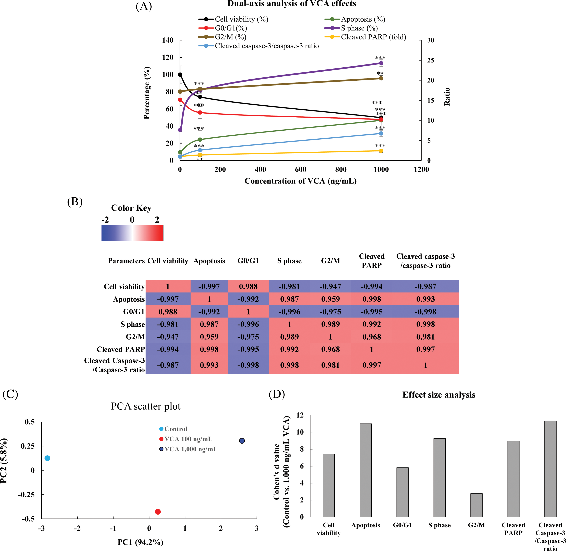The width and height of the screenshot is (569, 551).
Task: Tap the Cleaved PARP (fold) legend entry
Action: coord(373,37)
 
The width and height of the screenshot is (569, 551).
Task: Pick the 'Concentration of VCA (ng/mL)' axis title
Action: coord(300,181)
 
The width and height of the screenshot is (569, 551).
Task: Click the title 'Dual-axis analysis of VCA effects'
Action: coord(291,4)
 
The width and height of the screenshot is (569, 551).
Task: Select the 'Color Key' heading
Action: coord(131,208)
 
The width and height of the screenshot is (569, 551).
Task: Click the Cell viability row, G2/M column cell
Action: coord(330,286)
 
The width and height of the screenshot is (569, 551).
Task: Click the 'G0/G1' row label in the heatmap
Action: coord(134,312)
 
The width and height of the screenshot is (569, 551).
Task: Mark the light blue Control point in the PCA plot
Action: coord(47,458)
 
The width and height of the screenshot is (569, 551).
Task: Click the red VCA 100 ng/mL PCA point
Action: coord(158,512)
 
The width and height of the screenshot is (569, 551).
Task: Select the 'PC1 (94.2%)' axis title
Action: coord(141,542)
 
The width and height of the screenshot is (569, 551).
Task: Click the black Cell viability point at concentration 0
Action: coord(180,75)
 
